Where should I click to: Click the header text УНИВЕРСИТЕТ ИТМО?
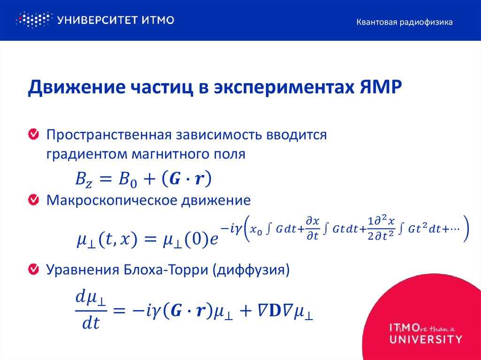116,20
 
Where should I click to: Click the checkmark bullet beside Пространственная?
33,135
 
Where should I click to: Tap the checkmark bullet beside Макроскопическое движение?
33,200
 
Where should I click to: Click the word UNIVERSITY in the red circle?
426,338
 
